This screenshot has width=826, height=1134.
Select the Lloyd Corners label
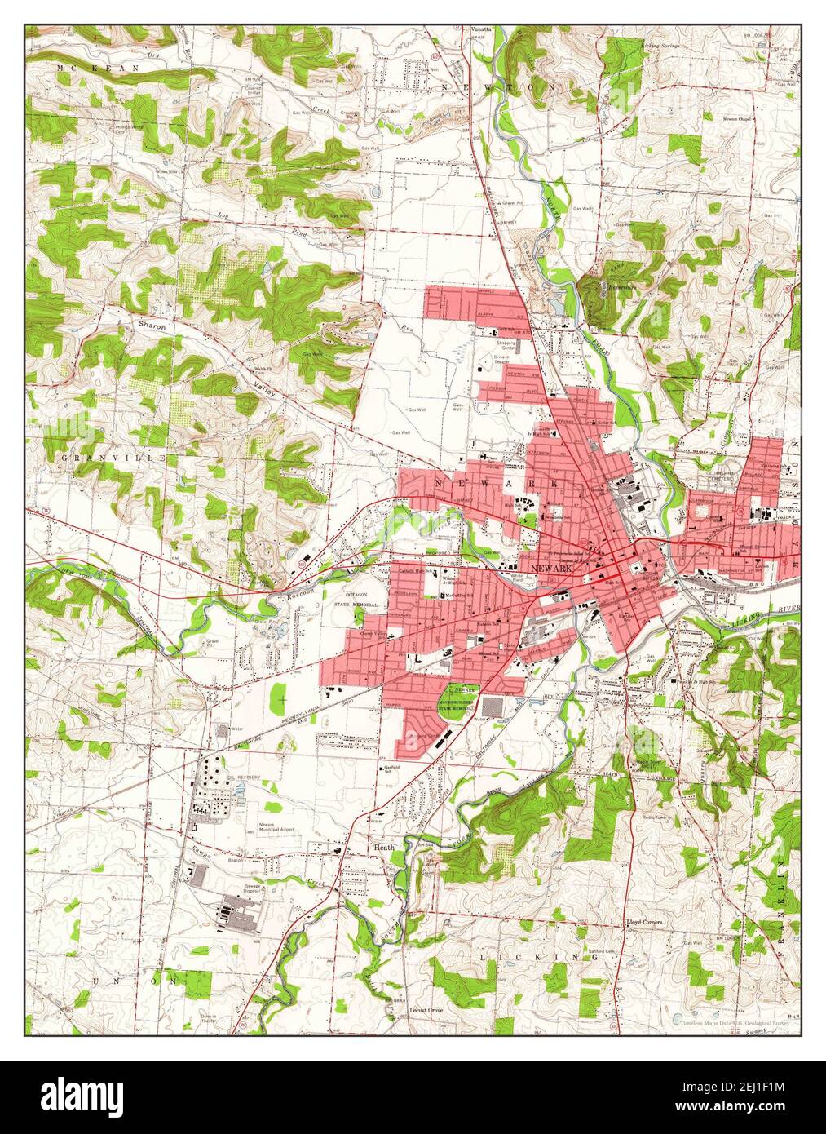pyautogui.click(x=644, y=923)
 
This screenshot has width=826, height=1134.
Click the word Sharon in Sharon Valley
pyautogui.click(x=152, y=326)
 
